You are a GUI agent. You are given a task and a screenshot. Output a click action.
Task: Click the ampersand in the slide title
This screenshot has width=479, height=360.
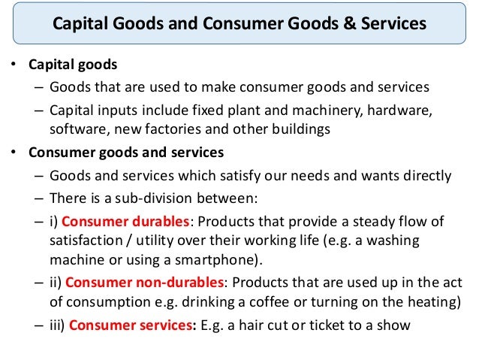(x=352, y=24)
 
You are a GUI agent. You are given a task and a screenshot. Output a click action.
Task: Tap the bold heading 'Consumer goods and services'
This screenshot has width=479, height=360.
(x=126, y=153)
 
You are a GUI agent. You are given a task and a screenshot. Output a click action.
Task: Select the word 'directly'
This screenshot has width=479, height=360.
(x=424, y=176)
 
